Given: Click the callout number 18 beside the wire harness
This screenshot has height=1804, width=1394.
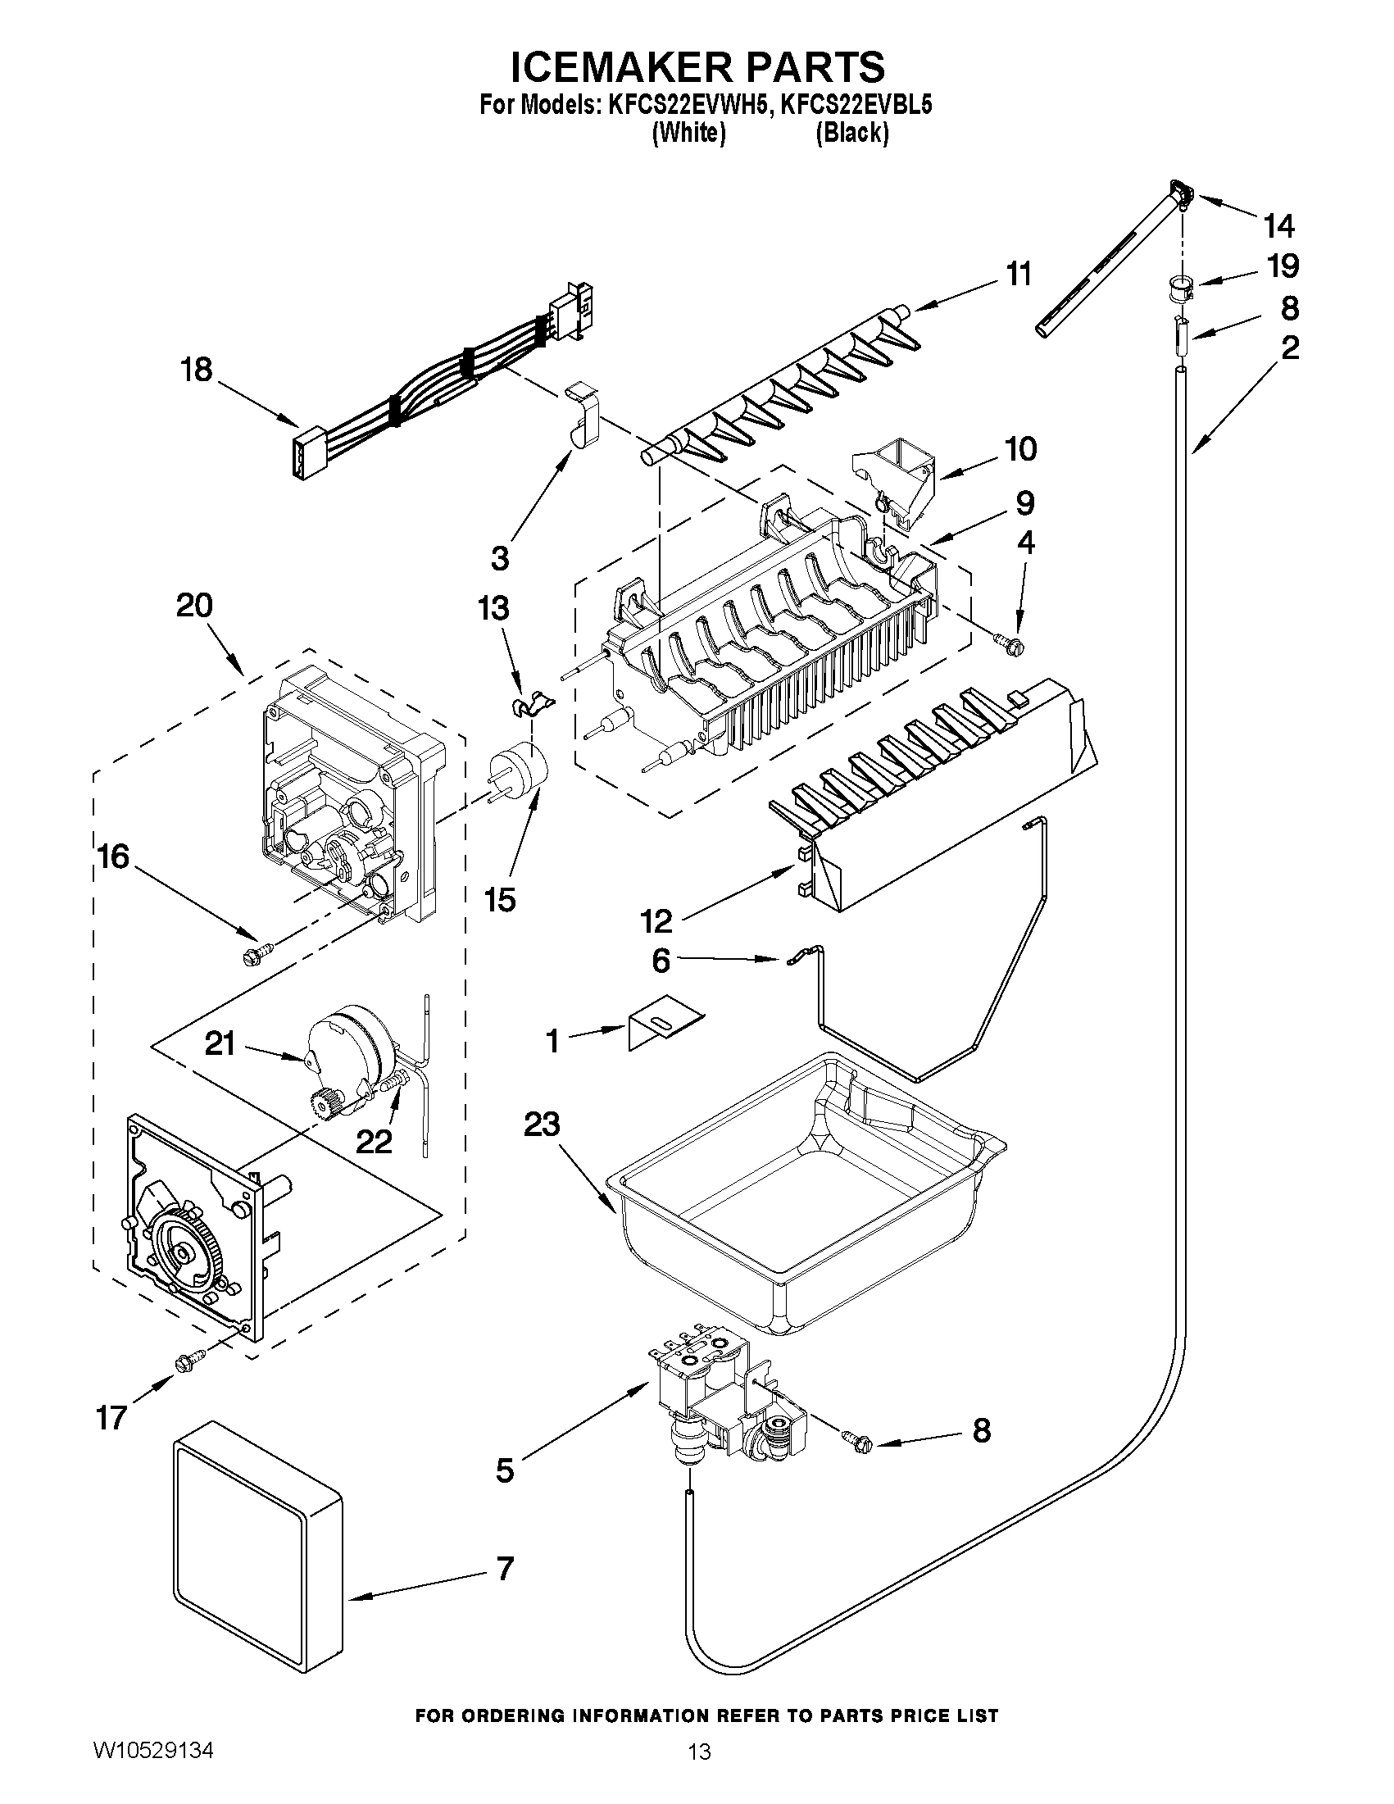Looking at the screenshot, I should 197,370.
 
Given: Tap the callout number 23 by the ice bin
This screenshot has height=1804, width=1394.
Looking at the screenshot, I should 542,1125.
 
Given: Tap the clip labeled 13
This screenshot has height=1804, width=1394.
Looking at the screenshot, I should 529,706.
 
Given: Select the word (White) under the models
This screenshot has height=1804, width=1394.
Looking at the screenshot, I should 688,133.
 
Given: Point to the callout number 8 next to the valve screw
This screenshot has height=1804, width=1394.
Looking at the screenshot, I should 981,1429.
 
